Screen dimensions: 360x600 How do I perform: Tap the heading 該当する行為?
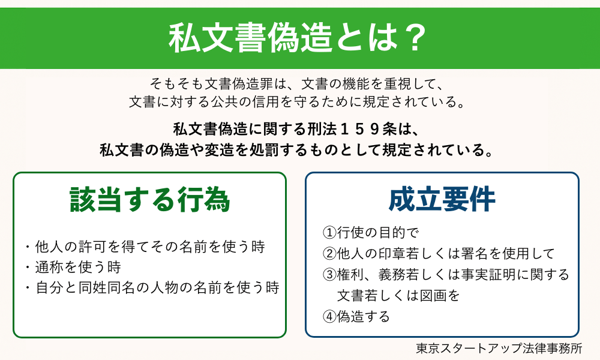coord(150,200)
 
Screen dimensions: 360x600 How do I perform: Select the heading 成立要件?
coord(442,200)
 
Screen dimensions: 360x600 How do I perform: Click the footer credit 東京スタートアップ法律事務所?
coord(499,348)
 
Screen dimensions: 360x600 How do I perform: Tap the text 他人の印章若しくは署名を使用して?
coord(444,254)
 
